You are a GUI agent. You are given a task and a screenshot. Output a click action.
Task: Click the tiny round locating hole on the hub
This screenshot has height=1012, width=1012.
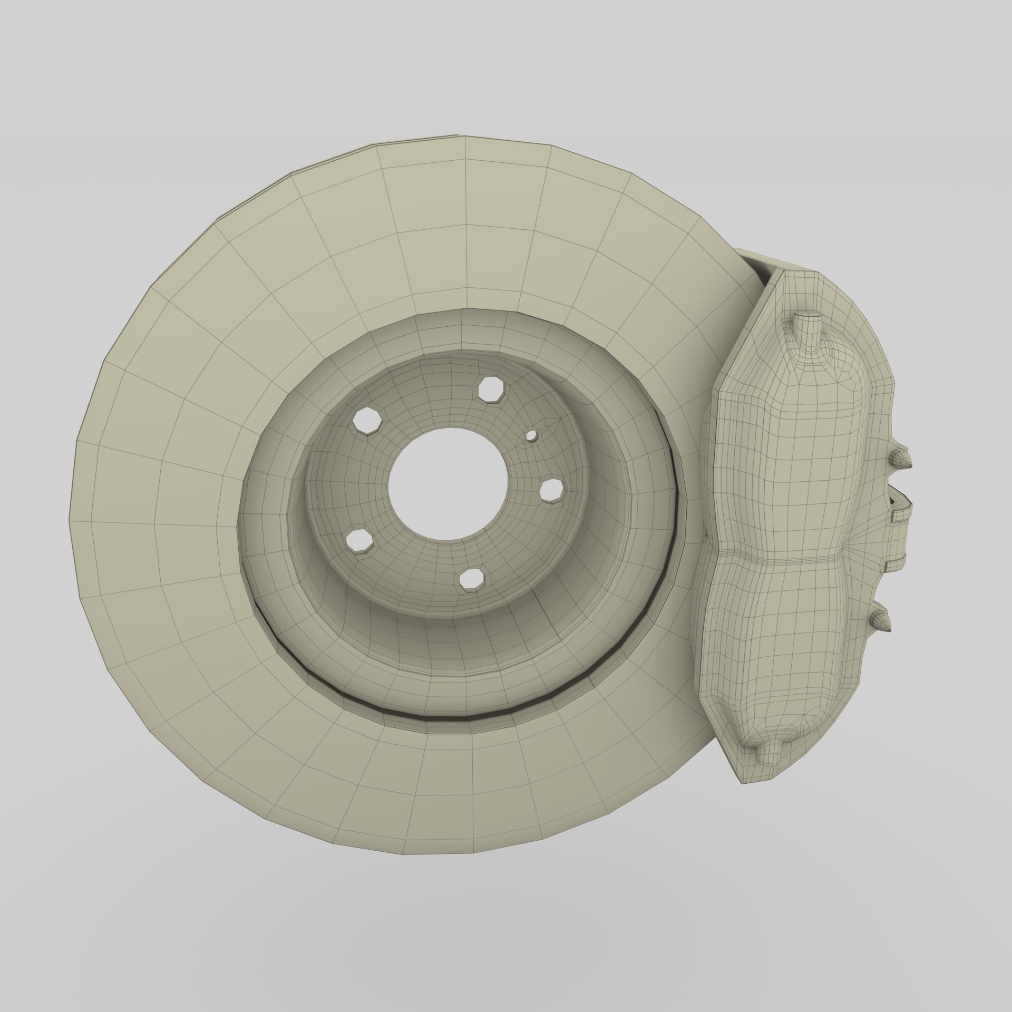tap(532, 435)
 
